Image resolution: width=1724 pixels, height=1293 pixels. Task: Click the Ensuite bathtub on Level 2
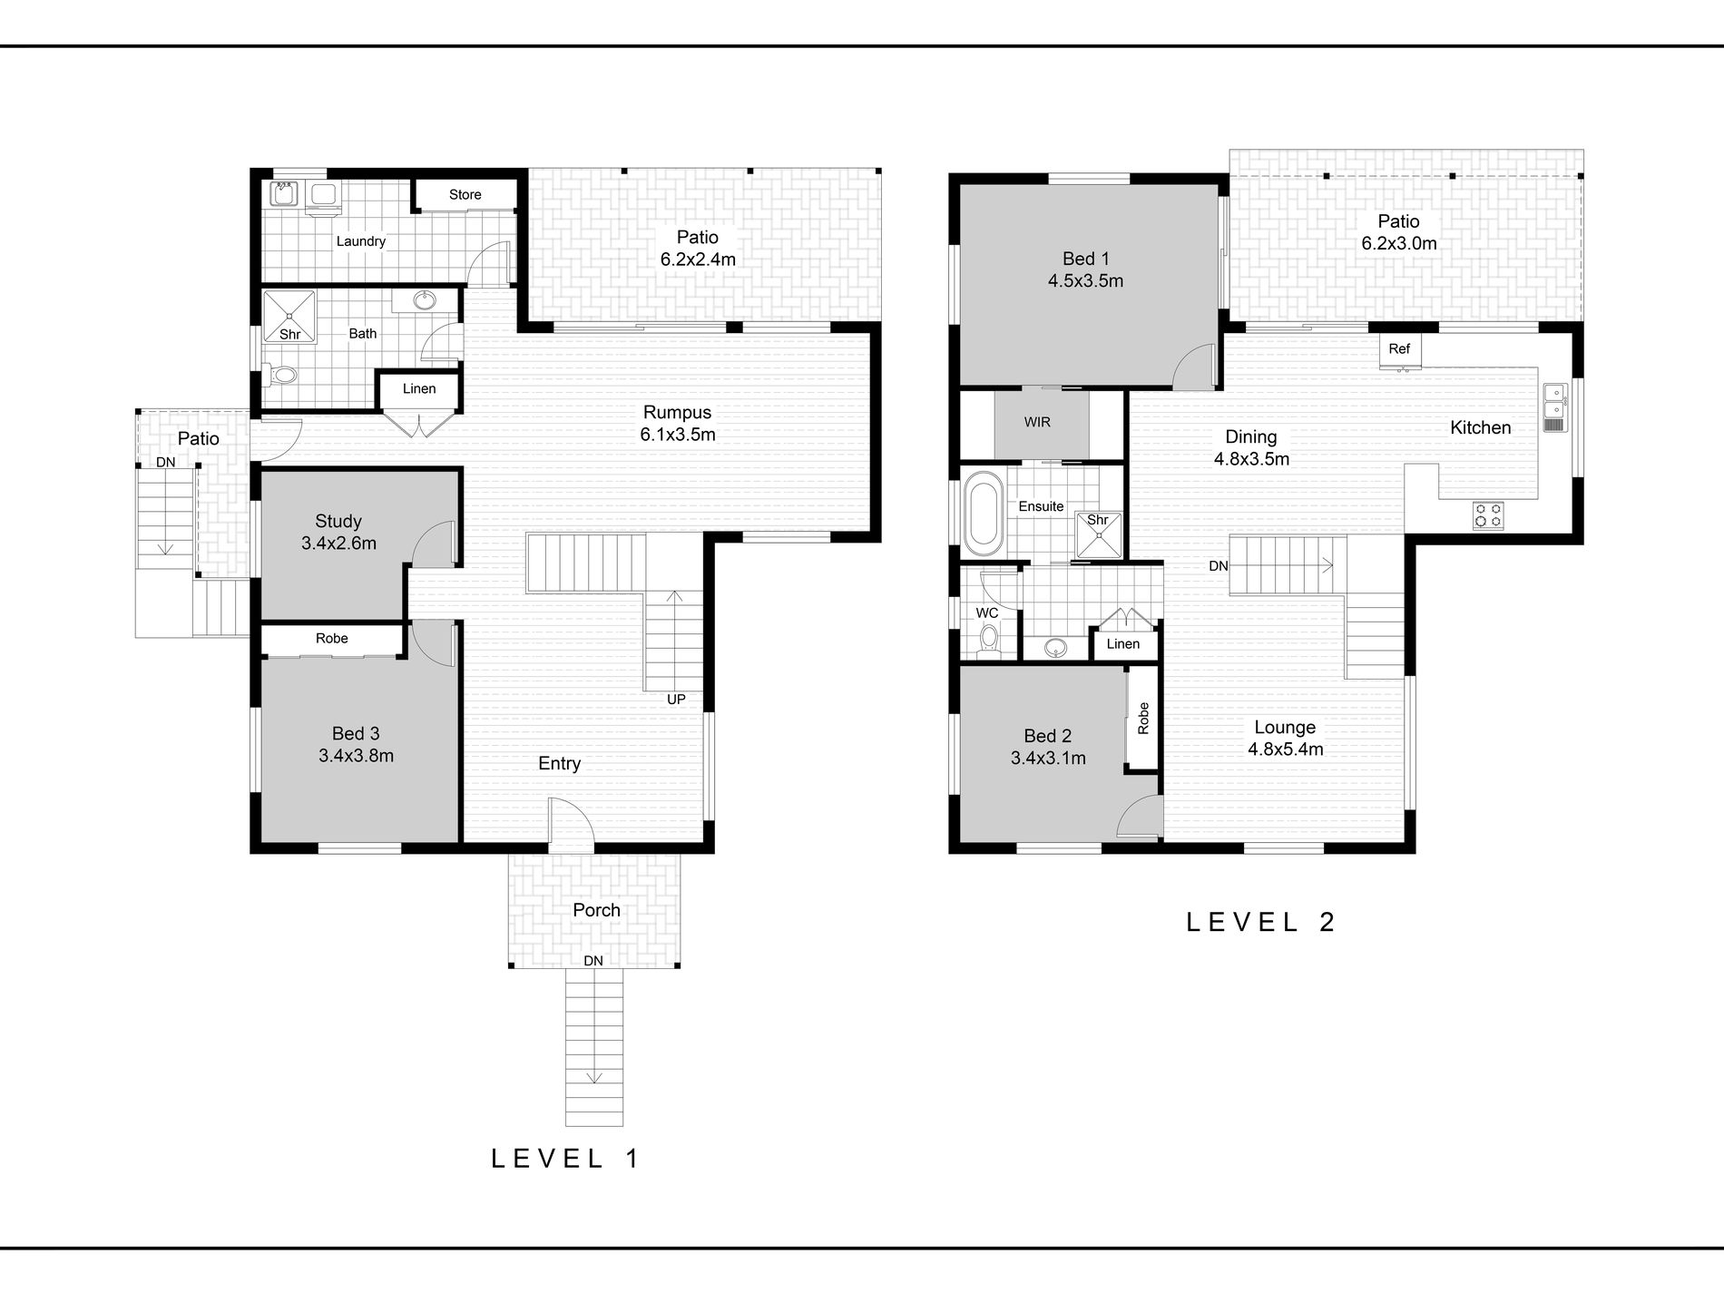(981, 513)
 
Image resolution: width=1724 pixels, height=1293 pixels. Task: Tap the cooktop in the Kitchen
(1488, 515)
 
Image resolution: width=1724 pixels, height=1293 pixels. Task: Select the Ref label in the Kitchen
(1399, 348)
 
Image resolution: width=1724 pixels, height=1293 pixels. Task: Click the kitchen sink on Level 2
(1553, 407)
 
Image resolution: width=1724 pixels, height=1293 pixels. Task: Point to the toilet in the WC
(987, 642)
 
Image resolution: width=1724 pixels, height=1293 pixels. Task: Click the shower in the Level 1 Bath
(289, 317)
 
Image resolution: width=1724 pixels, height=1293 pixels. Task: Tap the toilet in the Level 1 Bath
(281, 374)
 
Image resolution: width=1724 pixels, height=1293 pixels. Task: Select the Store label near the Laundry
(465, 194)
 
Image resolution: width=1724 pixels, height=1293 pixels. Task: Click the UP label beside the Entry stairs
(676, 700)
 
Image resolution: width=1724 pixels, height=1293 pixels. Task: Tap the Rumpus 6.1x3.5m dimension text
(678, 435)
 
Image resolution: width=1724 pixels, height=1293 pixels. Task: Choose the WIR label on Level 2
(1037, 422)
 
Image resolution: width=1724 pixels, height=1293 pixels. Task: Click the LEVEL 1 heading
(565, 1158)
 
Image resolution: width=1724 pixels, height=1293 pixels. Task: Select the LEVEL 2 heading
(1261, 922)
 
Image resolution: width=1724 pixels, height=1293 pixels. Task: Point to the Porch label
(596, 910)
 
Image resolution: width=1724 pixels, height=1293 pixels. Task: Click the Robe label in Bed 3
(332, 639)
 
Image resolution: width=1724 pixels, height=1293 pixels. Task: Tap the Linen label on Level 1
(419, 388)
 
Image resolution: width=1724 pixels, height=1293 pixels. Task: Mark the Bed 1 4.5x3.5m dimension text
(1086, 281)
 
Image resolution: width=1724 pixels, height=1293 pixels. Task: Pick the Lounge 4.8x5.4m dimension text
(1286, 749)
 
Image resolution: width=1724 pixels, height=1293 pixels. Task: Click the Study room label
(338, 522)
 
